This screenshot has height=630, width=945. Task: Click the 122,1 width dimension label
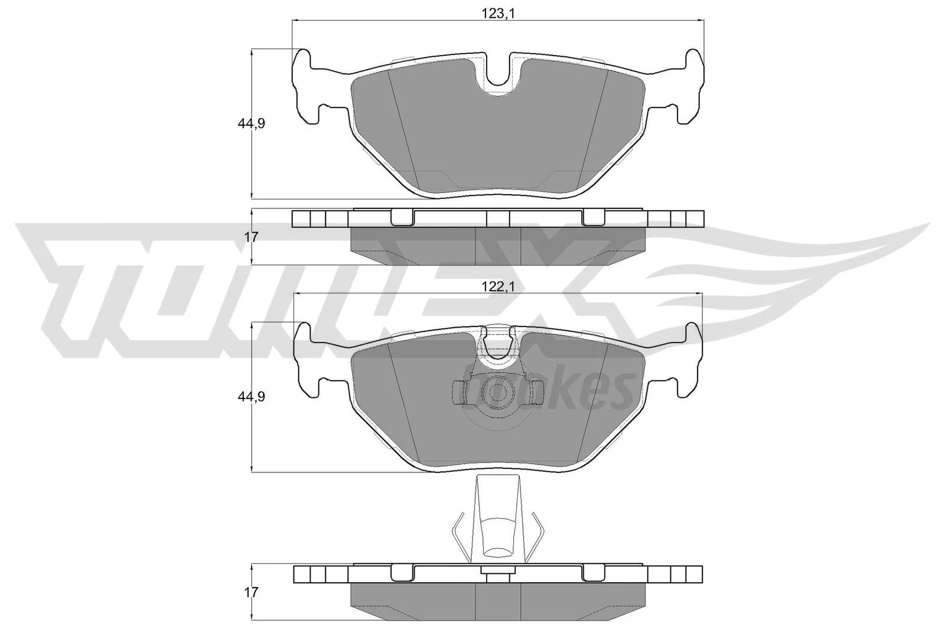coord(497,286)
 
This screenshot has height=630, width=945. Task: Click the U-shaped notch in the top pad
coord(497,71)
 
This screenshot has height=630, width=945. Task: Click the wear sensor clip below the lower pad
coord(497,520)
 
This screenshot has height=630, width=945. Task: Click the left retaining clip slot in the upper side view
coord(403,218)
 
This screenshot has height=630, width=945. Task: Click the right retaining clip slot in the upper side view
coord(594,218)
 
